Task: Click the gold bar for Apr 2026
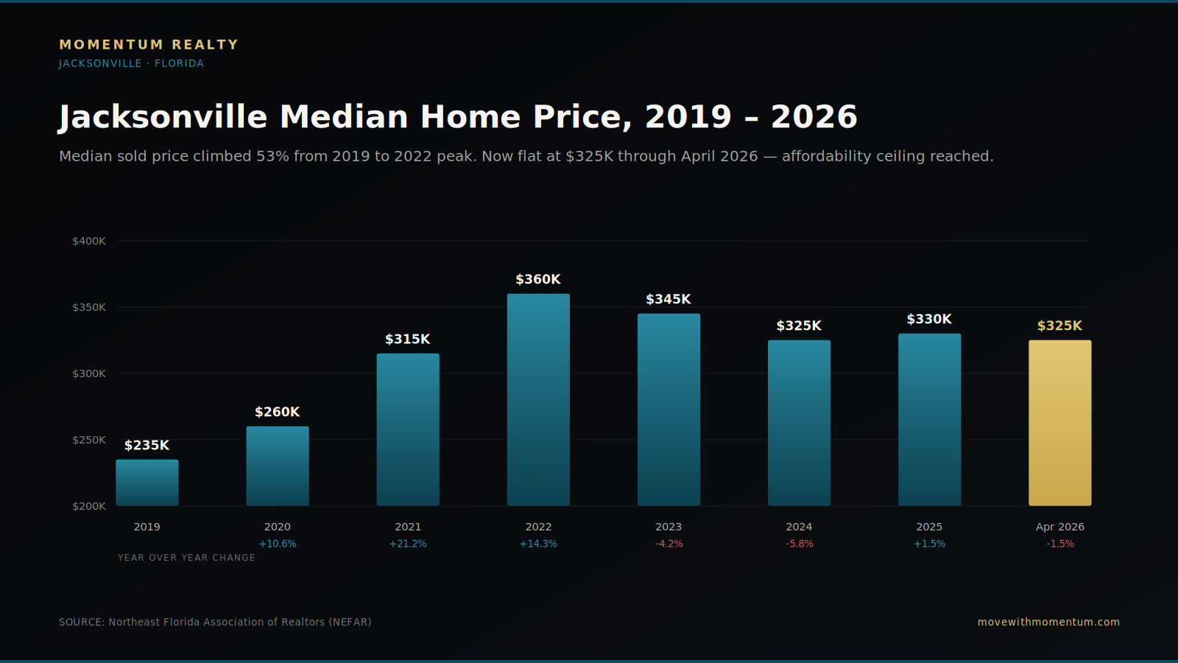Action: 1059,423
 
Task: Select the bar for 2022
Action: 538,399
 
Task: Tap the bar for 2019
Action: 147,483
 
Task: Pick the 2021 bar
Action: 408,429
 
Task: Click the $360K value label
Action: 538,279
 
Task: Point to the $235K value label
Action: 147,446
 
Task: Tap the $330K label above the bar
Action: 929,320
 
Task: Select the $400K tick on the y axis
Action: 89,241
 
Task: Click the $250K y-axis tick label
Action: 89,440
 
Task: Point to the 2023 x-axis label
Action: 669,527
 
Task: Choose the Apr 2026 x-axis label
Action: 1059,527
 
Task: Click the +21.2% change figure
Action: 408,544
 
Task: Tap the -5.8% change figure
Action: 800,544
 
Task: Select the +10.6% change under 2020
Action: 277,544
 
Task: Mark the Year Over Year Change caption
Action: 186,558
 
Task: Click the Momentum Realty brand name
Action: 149,45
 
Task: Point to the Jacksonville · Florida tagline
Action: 132,63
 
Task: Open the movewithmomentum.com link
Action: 1048,622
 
